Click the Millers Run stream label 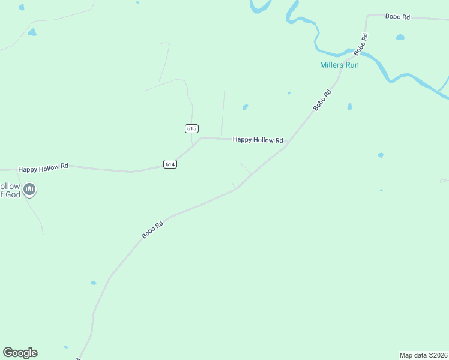339,65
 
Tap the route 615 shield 191,128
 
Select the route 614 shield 170,164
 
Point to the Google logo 20,353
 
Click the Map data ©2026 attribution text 423,355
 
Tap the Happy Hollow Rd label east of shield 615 258,140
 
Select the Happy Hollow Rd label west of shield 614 43,168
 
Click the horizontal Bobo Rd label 397,17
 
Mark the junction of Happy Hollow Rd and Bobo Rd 286,146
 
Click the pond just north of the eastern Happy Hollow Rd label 245,107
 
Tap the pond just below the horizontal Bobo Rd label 400,37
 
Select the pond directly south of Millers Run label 349,107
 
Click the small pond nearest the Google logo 65,347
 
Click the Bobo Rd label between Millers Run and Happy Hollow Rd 322,100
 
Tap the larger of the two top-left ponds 32,32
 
